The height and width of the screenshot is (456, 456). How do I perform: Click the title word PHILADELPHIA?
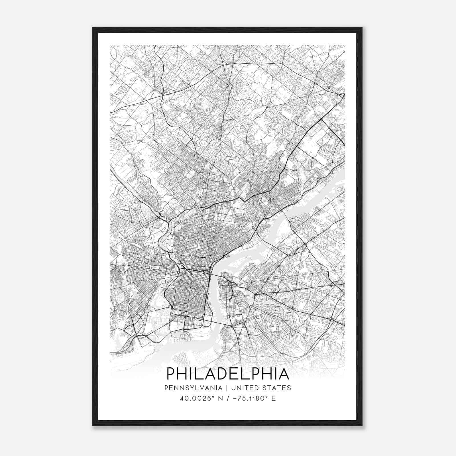point(228,374)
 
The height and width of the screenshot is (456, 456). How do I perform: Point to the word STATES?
point(276,388)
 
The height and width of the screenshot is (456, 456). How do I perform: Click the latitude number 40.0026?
point(194,398)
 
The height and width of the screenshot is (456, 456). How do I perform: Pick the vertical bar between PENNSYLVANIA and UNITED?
point(227,388)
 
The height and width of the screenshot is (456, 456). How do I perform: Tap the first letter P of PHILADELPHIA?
point(171,374)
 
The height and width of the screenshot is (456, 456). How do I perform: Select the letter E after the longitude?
point(274,398)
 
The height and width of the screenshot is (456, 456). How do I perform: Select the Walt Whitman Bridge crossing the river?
point(218,323)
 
